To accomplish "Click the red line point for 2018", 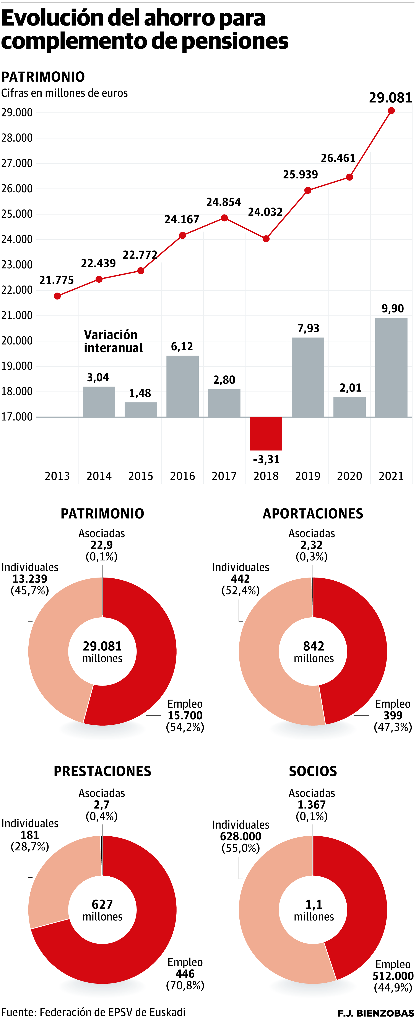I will tap(266, 239).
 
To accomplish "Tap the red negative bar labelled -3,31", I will tap(266, 433).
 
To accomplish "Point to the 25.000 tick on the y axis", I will tap(17, 214).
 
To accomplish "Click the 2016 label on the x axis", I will tap(182, 476).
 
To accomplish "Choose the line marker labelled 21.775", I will tap(57, 296).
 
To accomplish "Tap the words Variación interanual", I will tap(113, 341).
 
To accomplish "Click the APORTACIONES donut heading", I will tap(313, 513).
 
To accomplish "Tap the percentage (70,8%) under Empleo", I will tap(185, 985).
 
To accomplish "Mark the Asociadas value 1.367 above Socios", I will tap(312, 805).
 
